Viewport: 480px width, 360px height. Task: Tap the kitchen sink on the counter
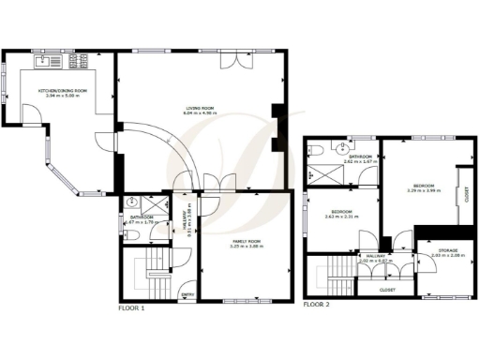(x=45, y=62)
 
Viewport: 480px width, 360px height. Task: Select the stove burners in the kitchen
(x=77, y=62)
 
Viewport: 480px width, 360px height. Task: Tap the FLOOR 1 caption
(x=132, y=307)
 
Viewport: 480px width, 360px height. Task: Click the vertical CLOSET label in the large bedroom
(x=466, y=194)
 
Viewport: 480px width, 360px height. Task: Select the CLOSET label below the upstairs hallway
(x=386, y=290)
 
